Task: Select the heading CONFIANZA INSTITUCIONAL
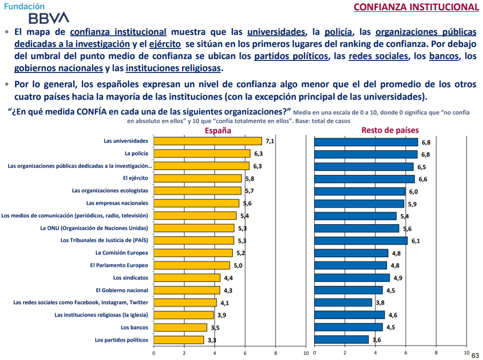point(416,7)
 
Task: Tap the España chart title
point(218,131)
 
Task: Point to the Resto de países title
point(390,130)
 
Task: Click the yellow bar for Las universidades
point(208,141)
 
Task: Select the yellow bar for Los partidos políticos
point(179,340)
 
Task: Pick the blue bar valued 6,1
point(361,241)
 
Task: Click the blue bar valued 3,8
point(343,303)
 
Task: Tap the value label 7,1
point(269,141)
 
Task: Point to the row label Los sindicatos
point(130,278)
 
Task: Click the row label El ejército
point(135,178)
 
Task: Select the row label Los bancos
point(134,327)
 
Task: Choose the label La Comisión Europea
point(122,253)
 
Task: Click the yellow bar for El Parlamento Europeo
point(192,265)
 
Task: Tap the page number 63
point(475,355)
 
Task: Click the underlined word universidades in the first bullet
point(277,32)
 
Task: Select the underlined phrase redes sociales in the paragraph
point(378,57)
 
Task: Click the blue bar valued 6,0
point(360,191)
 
